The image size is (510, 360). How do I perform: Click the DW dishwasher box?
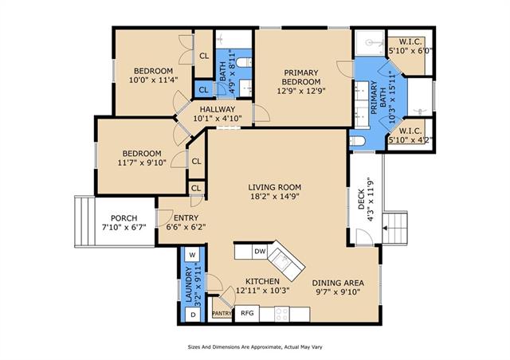click(260, 252)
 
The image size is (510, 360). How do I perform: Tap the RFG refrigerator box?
click(247, 313)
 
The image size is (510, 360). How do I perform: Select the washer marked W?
click(192, 255)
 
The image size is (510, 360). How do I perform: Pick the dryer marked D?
click(193, 315)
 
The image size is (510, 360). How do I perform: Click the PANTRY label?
click(222, 314)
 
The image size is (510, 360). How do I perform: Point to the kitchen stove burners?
click(282, 314)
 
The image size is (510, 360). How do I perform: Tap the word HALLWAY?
click(218, 109)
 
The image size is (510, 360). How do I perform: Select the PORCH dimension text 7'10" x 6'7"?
click(124, 227)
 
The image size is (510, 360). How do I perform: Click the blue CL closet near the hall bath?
click(204, 90)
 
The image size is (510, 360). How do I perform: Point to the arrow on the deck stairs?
click(385, 229)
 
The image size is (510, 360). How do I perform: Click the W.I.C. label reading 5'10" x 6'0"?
click(411, 46)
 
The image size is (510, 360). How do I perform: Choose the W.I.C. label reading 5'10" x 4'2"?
click(410, 135)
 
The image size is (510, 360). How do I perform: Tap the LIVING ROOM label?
click(274, 187)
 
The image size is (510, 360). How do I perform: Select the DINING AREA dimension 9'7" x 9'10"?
click(338, 292)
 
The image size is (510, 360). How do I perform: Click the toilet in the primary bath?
click(358, 141)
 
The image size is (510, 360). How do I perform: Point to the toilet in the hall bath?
click(244, 62)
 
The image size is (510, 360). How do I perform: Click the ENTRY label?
click(186, 218)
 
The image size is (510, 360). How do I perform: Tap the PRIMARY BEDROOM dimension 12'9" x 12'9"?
click(301, 91)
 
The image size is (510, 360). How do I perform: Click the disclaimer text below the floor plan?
click(255, 347)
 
